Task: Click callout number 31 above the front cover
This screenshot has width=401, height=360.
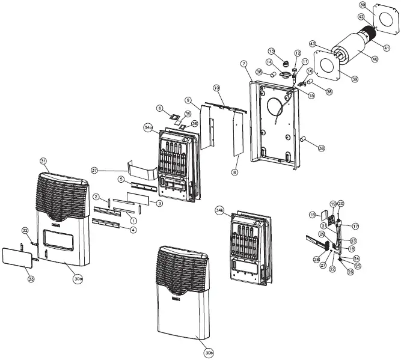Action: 43,160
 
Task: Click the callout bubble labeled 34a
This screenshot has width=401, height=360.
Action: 148,128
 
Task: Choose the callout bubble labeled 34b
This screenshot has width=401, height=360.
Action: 220,210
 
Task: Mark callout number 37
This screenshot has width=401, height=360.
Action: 94,170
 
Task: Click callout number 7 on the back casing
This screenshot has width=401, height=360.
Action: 243,63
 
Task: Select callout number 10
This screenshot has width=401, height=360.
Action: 216,88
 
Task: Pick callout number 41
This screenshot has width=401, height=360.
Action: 387,47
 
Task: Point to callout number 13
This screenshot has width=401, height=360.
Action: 271,51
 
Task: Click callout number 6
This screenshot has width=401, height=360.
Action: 159,108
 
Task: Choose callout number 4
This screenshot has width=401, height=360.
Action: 132,229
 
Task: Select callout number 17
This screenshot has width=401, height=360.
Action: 355,226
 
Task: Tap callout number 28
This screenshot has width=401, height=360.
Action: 316,259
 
